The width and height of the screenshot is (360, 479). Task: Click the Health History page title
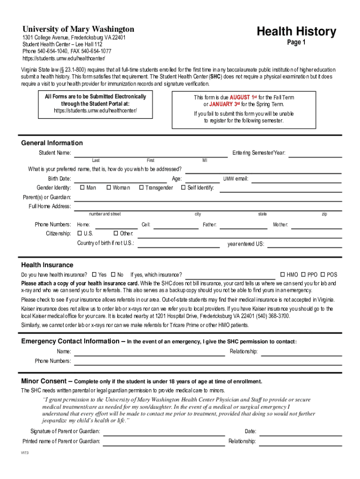tap(296, 32)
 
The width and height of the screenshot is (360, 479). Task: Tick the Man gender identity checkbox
tap(82, 188)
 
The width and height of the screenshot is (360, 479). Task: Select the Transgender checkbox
tap(141, 188)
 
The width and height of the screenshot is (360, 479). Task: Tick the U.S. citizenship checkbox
tap(79, 233)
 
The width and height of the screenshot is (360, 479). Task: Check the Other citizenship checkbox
tap(116, 233)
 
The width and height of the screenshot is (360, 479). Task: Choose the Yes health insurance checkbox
tap(94, 275)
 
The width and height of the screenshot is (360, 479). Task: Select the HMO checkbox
tap(282, 275)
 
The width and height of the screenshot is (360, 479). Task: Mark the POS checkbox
tap(323, 275)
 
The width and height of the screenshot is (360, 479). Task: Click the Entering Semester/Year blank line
tap(315, 155)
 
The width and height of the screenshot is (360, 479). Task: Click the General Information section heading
tap(52, 143)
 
